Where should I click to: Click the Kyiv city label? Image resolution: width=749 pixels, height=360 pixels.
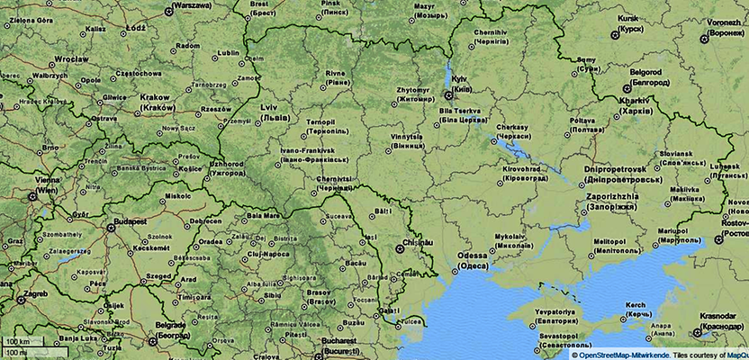tap(460, 78)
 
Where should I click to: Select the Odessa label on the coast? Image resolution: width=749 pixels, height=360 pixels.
tap(473, 256)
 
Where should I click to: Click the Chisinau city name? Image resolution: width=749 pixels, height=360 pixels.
tap(420, 243)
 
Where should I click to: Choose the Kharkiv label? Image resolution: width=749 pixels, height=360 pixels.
tap(635, 102)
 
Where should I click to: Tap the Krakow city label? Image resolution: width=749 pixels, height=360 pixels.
tap(157, 97)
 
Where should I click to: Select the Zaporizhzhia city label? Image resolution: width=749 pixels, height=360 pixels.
tap(612, 196)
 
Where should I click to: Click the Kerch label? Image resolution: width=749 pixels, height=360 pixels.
tap(636, 306)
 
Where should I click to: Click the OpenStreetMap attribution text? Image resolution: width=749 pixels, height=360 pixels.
tap(621, 355)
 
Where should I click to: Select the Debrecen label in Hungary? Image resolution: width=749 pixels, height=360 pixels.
tap(205, 220)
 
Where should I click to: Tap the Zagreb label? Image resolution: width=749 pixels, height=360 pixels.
tap(35, 293)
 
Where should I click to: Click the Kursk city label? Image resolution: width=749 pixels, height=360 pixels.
tap(627, 18)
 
